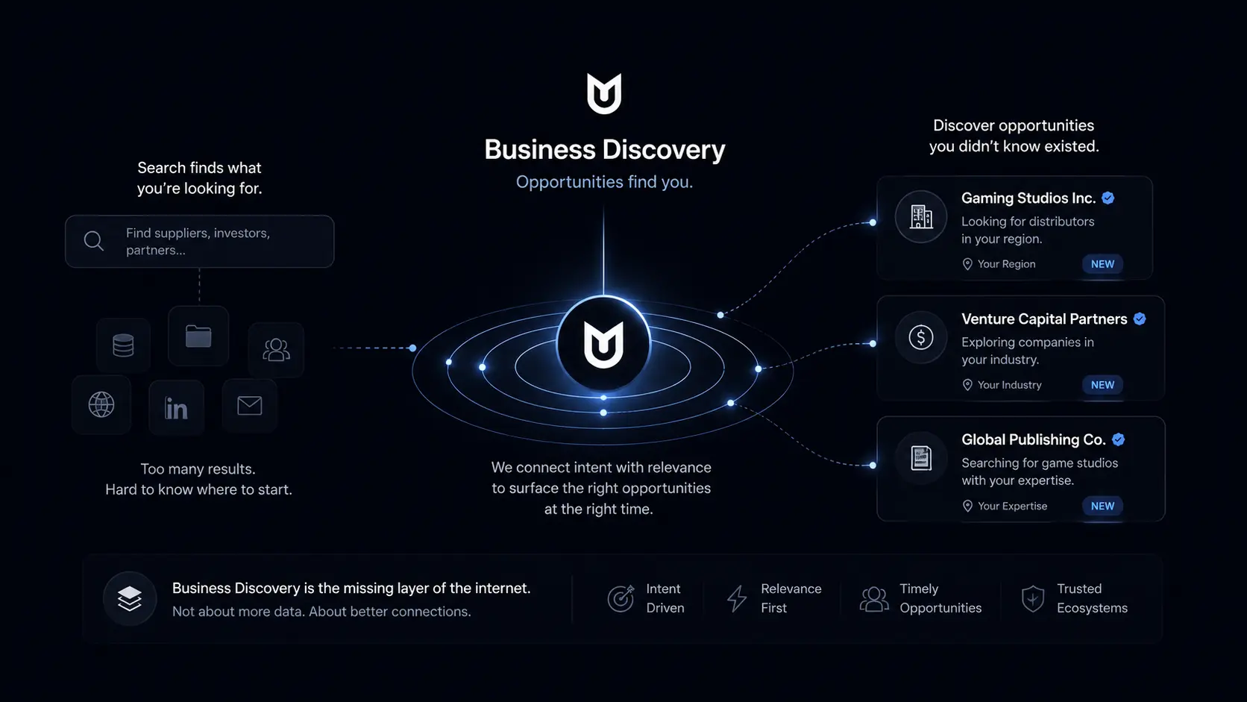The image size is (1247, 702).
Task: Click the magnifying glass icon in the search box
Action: point(93,241)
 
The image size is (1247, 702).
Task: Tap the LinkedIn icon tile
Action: point(176,407)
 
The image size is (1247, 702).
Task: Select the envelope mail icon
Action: point(249,406)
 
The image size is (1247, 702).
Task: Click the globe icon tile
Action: point(101,405)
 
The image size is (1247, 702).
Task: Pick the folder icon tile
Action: point(198,336)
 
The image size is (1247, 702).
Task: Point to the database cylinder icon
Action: point(123,345)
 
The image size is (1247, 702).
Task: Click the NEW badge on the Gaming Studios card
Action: point(1102,264)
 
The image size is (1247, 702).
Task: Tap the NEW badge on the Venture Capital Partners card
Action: point(1102,385)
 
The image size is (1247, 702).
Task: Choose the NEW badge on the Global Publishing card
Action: point(1102,506)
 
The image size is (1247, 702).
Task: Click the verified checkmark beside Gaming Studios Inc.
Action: point(1108,198)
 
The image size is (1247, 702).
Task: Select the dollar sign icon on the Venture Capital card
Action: point(921,337)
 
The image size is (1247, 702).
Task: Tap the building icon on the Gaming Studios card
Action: point(921,216)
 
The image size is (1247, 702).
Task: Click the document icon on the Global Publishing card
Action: point(921,458)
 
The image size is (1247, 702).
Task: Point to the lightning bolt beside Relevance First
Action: point(737,598)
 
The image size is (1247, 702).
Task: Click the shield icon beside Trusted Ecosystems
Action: point(1033,599)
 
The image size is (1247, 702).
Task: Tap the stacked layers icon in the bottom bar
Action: point(130,598)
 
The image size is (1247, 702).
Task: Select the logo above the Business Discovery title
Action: point(604,93)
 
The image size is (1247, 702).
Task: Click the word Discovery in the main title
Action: point(664,150)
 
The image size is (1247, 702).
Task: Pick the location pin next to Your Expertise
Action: point(967,506)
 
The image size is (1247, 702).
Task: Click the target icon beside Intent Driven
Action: point(621,599)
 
